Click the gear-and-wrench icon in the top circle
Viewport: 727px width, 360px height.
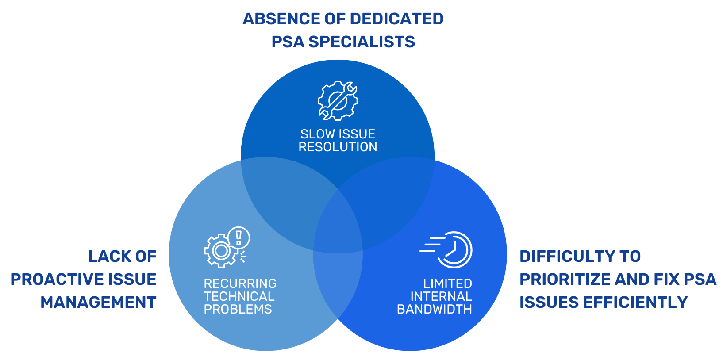pos(338,101)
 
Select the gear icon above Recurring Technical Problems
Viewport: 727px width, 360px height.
pos(221,251)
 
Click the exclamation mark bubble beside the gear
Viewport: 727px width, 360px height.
pos(239,237)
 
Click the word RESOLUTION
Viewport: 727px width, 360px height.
pos(338,147)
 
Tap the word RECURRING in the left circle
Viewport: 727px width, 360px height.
pos(240,283)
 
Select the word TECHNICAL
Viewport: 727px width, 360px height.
pos(239,296)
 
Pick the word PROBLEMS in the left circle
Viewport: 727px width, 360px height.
pos(238,309)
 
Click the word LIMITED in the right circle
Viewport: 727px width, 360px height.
pos(447,283)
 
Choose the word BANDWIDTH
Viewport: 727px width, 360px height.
pos(434,309)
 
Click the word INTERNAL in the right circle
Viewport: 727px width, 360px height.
pos(441,296)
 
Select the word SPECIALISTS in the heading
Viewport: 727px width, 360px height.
pos(362,42)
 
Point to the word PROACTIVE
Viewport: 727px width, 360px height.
pos(55,279)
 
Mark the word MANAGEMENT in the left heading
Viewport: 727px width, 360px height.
pos(98,302)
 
